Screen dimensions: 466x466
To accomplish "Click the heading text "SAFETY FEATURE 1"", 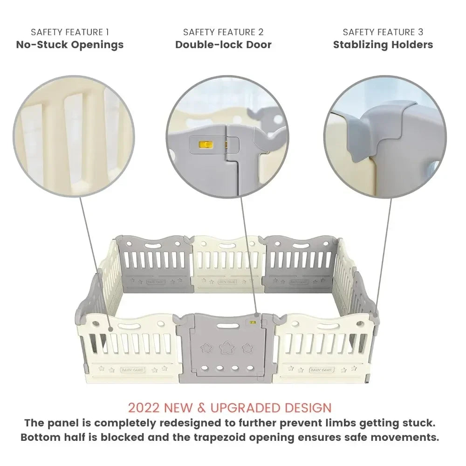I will pos(70,32).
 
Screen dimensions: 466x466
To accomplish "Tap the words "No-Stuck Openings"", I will pos(70,45).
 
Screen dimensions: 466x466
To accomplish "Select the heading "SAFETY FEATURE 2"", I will pos(223,32).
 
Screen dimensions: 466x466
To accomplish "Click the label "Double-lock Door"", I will pos(223,45).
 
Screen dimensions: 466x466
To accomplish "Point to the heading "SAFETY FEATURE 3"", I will pos(383,32).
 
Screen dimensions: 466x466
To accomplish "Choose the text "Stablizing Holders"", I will pos(383,45).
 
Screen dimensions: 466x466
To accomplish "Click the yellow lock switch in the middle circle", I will pos(203,144).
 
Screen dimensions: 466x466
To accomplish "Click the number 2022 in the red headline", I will pos(144,408).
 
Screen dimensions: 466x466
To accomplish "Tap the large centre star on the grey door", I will pos(226,348).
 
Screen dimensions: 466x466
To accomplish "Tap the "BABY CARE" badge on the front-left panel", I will pos(133,370).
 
